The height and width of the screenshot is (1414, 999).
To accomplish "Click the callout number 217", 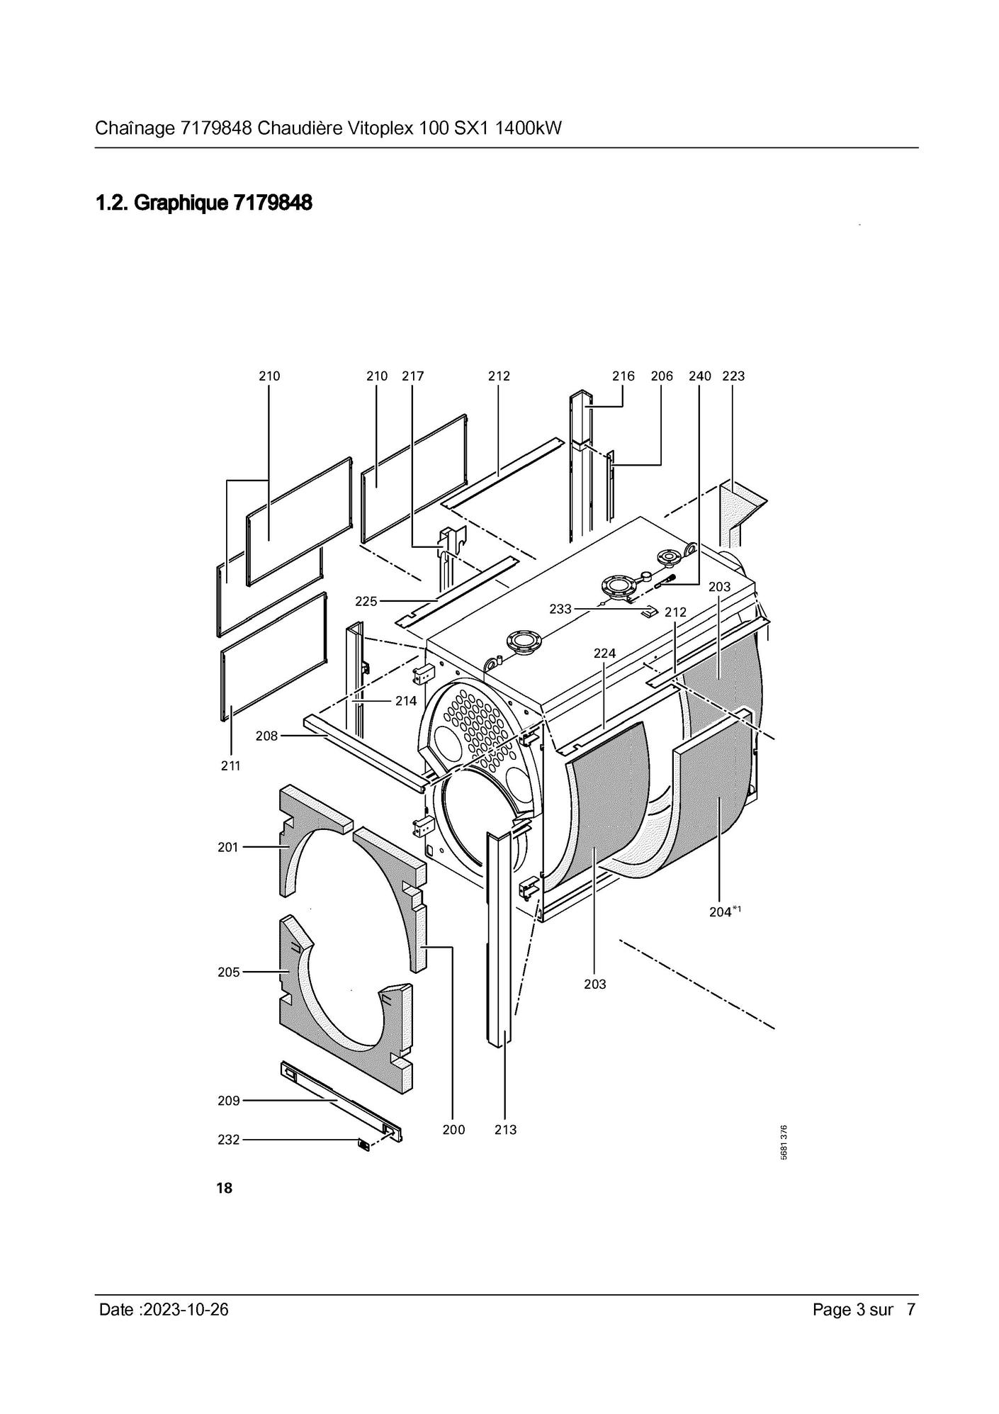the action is click(x=412, y=376).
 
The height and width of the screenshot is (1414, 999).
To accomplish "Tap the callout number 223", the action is click(x=733, y=376).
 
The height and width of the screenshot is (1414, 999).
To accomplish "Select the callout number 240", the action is click(x=700, y=376).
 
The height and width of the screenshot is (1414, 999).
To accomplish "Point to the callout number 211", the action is click(x=231, y=765).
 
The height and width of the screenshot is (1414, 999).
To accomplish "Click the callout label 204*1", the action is click(x=725, y=912).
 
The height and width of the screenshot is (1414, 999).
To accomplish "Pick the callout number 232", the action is click(x=228, y=1140).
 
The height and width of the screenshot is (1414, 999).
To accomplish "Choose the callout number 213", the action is click(x=505, y=1130).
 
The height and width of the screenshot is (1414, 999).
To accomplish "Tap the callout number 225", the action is click(x=366, y=602).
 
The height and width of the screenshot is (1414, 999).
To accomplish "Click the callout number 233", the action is click(x=560, y=609).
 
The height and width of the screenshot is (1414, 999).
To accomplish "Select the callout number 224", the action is click(x=604, y=653).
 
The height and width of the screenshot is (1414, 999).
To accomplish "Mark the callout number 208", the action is click(x=266, y=736).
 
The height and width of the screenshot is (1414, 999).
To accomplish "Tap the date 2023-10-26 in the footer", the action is click(x=186, y=1309).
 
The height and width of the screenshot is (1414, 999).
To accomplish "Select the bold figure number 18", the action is click(x=224, y=1188).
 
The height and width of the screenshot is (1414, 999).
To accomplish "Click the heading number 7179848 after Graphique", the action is click(x=273, y=203).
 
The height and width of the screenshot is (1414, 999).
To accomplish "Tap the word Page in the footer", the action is click(x=832, y=1310).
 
